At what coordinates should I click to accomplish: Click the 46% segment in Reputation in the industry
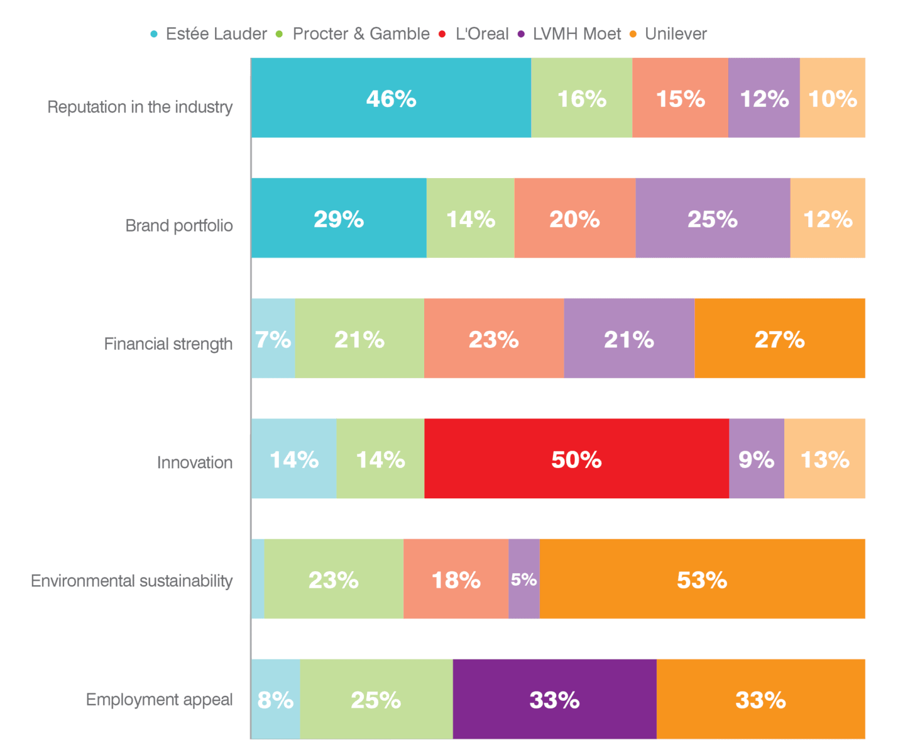[391, 98]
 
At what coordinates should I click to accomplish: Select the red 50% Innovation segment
[576, 459]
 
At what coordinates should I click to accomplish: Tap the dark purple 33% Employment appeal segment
[554, 699]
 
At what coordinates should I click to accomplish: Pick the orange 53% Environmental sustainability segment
[702, 579]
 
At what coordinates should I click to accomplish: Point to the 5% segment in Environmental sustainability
[524, 579]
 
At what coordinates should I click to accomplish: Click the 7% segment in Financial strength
[273, 338]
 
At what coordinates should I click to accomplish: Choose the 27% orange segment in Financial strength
[779, 338]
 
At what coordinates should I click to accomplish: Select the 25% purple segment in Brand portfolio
[713, 218]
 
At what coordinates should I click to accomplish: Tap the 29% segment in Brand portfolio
[339, 218]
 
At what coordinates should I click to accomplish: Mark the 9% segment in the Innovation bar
[756, 459]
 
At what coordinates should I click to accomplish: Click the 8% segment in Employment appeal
[275, 699]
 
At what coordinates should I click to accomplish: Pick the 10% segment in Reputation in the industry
[832, 98]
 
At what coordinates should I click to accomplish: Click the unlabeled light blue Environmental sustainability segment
[258, 579]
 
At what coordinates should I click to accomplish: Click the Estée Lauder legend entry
[209, 34]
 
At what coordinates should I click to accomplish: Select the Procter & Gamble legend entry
[354, 34]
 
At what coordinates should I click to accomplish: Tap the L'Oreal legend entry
[475, 34]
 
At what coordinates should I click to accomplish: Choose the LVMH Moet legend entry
[570, 34]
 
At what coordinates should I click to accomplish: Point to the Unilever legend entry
[669, 34]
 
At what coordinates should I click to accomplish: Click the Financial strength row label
[168, 344]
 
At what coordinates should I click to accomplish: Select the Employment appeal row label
[159, 700]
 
